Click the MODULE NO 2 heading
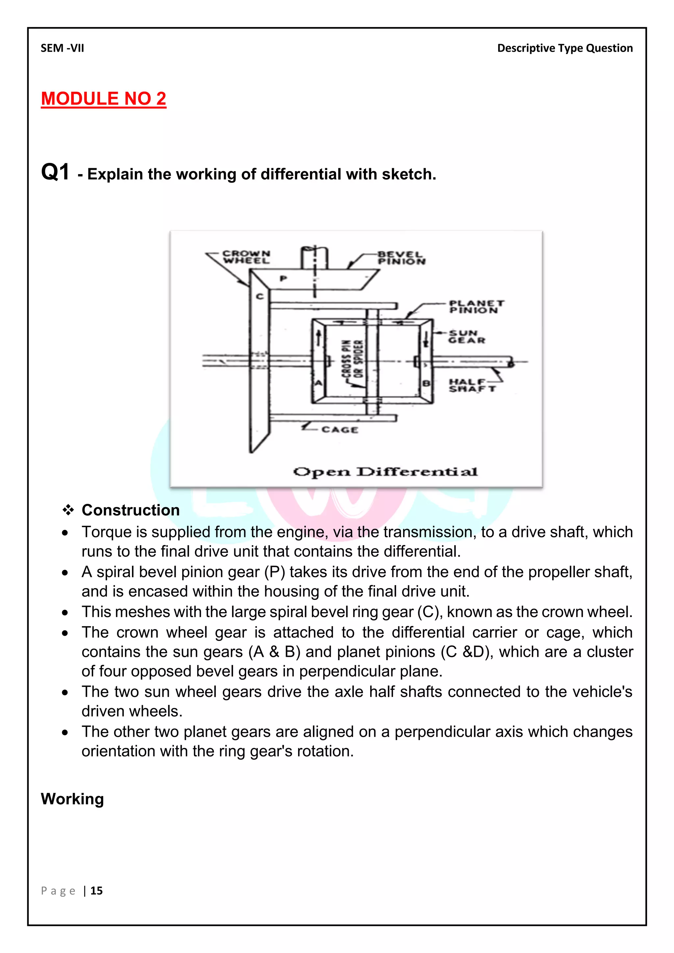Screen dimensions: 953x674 tap(103, 99)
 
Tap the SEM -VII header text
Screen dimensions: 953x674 tap(62, 48)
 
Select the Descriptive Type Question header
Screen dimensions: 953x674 tap(564, 48)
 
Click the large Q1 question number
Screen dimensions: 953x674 tap(55, 172)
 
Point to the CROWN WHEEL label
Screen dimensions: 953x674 tap(246, 257)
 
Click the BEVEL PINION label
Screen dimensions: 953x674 tap(401, 258)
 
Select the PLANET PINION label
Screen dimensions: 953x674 tap(476, 307)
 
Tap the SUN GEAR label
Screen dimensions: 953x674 tap(466, 337)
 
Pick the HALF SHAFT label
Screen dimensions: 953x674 tap(472, 385)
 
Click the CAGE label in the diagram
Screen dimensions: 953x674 tap(340, 429)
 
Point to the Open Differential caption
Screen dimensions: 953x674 tap(385, 472)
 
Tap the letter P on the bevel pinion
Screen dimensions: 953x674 tap(283, 278)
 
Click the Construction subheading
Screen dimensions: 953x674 tap(130, 510)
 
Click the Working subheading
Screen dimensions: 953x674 tap(72, 799)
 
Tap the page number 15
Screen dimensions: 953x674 tap(96, 891)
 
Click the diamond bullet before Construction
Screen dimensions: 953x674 tap(68, 510)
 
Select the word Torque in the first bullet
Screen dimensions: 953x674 tap(105, 532)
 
